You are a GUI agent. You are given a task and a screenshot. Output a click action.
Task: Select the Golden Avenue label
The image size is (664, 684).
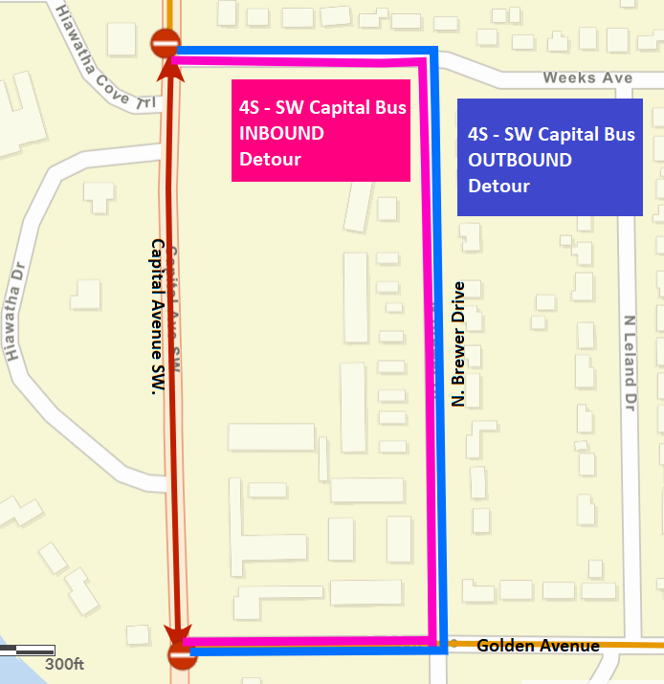tap(538, 646)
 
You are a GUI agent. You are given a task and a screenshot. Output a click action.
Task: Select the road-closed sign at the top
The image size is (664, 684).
tap(165, 42)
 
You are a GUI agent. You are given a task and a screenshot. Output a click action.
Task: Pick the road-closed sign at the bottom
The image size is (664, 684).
tap(182, 655)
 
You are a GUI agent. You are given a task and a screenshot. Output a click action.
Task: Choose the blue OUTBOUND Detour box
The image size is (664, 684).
tap(550, 158)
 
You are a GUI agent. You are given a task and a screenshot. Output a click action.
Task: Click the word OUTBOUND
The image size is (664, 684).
tap(520, 161)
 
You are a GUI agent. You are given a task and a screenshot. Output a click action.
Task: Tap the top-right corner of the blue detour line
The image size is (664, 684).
tap(435, 52)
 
